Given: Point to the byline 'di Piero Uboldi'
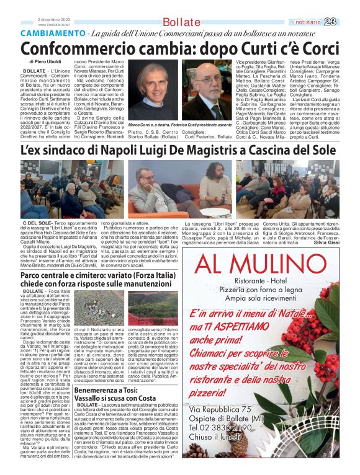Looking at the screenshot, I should click(x=45, y=63).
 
